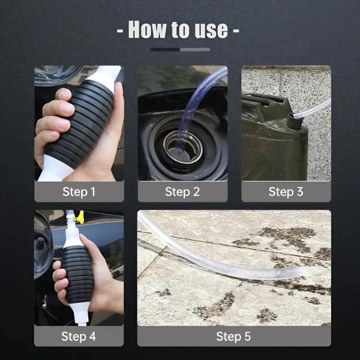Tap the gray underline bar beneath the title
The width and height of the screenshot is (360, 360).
click(180, 49)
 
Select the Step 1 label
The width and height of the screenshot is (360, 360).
click(79, 192)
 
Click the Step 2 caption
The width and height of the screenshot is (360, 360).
click(182, 192)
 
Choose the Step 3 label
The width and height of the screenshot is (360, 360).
click(286, 192)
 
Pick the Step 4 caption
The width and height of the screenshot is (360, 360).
click(79, 336)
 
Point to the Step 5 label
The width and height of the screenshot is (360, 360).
click(234, 336)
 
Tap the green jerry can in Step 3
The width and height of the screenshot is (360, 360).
click(270, 144)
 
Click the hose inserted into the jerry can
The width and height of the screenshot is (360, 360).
click(315, 108)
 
